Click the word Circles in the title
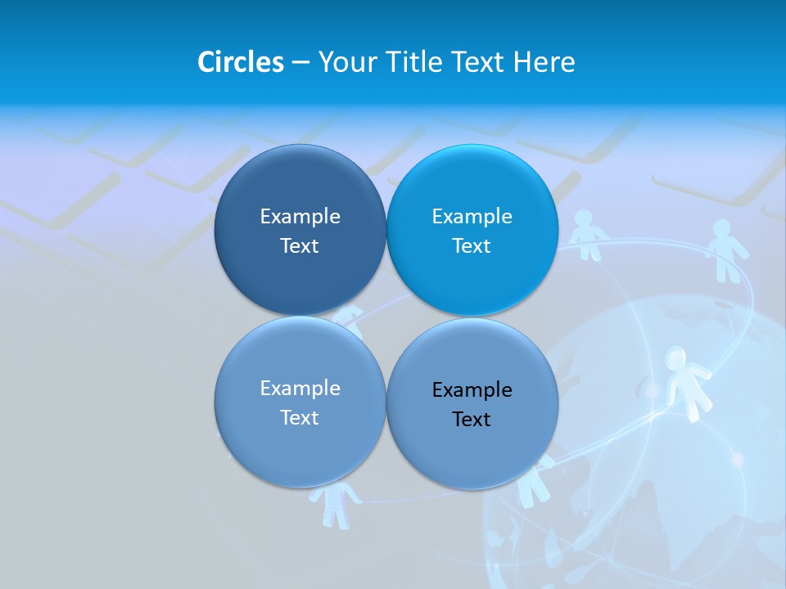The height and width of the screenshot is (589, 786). pyautogui.click(x=241, y=62)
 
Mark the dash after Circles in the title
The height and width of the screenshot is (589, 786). pyautogui.click(x=300, y=63)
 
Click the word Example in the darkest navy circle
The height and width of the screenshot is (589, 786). pyautogui.click(x=300, y=217)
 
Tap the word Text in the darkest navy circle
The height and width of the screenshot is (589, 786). pyautogui.click(x=300, y=246)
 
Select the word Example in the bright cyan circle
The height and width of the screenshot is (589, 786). pyautogui.click(x=472, y=217)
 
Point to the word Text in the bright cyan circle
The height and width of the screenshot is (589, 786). pyautogui.click(x=472, y=246)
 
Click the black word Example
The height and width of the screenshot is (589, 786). pyautogui.click(x=472, y=390)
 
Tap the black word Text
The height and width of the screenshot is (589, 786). pyautogui.click(x=472, y=420)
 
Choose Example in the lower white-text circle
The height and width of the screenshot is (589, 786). pyautogui.click(x=300, y=389)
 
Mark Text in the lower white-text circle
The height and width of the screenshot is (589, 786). pyautogui.click(x=300, y=418)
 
